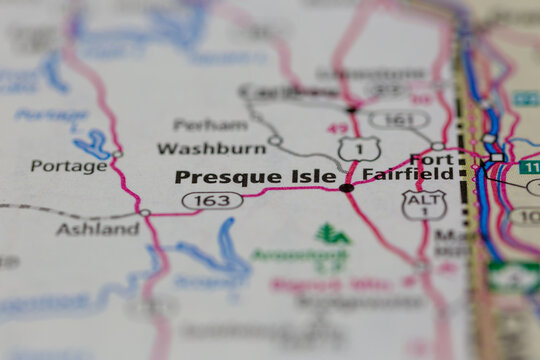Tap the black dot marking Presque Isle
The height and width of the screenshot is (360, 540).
346,187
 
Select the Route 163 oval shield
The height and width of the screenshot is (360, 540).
212,201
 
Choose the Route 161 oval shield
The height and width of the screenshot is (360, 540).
398,120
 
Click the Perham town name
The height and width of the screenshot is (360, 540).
210,125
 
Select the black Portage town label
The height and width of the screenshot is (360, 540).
68,166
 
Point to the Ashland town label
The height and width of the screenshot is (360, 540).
98,229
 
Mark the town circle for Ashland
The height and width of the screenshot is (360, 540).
146,213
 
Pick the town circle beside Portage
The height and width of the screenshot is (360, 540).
117,154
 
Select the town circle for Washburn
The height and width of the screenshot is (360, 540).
274,140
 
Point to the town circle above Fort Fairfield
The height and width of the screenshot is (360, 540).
437,146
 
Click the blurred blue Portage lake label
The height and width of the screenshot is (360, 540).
50,114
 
